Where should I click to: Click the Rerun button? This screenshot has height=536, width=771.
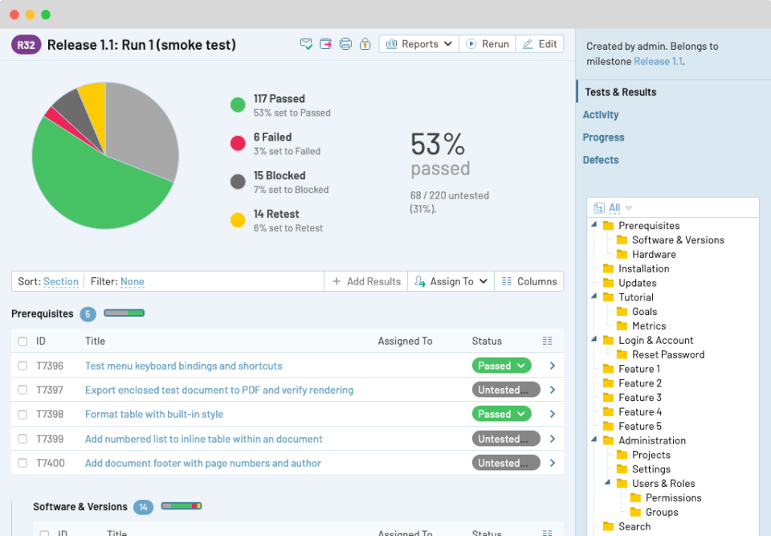tap(487, 44)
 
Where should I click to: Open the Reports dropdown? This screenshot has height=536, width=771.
tap(419, 44)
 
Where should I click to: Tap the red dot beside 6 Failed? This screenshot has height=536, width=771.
tap(238, 143)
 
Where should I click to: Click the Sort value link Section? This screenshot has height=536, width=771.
tap(61, 281)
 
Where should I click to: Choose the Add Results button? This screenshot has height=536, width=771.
tap(366, 281)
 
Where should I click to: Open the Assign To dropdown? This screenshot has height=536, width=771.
tap(451, 281)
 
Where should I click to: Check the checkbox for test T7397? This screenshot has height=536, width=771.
tap(22, 391)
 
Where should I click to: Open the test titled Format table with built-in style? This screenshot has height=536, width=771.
tap(154, 415)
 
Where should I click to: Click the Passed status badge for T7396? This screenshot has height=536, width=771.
tap(501, 366)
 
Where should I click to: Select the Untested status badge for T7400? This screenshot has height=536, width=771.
tap(505, 463)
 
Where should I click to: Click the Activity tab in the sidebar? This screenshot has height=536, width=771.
tap(601, 115)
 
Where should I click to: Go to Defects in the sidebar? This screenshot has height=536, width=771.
tap(601, 160)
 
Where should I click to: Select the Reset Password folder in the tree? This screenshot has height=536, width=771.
tap(667, 354)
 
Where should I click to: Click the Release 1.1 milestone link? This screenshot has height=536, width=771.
tap(658, 61)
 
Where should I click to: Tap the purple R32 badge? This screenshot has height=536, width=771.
tap(27, 45)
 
